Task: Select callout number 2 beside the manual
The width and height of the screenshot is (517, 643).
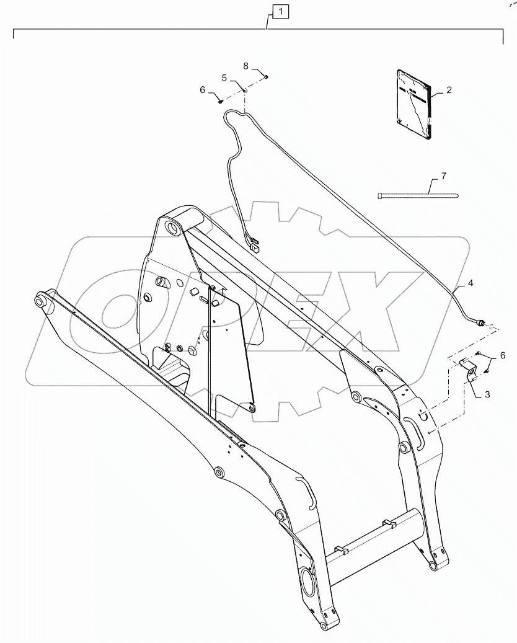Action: point(449,90)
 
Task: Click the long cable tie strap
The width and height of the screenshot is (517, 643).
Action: point(418,196)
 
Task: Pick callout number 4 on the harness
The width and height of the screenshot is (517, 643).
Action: point(471,282)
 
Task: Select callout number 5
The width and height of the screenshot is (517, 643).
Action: point(224,78)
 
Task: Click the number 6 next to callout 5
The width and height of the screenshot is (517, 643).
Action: point(202,89)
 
